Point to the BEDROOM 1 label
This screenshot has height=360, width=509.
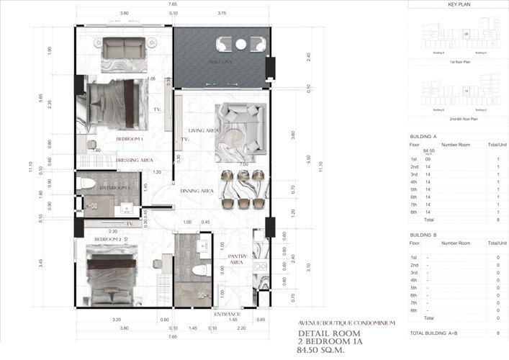(130, 138)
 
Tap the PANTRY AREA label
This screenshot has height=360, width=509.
(238, 259)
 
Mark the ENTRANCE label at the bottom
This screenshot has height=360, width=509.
(227, 315)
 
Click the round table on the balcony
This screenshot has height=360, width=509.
(241, 45)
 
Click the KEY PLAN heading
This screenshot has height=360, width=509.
(459, 4)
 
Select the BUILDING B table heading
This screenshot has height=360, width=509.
(423, 235)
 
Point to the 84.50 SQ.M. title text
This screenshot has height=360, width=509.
(324, 351)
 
